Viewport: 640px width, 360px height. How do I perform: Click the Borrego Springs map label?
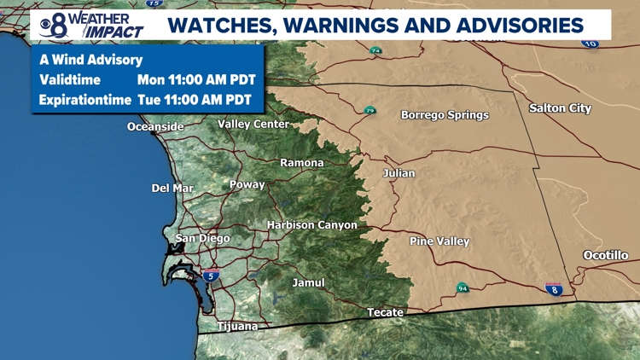point(445,115)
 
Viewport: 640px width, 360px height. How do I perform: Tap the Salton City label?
point(560,108)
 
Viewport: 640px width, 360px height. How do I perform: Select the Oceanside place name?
point(155,127)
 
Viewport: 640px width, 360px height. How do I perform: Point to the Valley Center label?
point(253,125)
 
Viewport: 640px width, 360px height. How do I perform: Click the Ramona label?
point(302,163)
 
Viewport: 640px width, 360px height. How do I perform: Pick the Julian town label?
point(399,173)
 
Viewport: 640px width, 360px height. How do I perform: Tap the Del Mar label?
point(172,189)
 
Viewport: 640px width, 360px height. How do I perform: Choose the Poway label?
point(247,184)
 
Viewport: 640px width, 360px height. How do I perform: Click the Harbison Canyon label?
point(312,225)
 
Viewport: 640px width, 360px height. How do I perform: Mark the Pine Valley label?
point(439,241)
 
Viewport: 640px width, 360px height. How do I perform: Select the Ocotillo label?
point(606,255)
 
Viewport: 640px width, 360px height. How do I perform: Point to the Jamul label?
point(308,282)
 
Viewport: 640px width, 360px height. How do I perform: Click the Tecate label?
point(385,312)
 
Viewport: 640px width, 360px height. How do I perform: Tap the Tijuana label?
point(237,326)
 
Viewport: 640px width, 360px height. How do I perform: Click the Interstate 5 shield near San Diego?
point(210,276)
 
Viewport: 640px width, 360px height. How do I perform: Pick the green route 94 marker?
point(462,287)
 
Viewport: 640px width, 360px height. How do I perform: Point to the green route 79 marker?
point(369,111)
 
